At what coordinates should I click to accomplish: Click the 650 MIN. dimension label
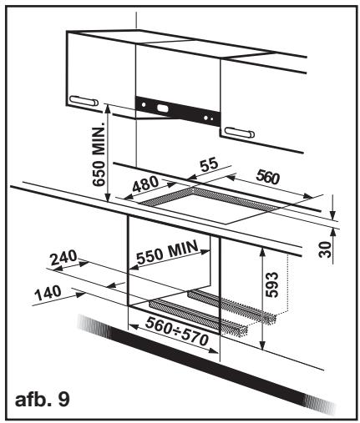[x=99, y=154]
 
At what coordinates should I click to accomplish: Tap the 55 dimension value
[x=210, y=164]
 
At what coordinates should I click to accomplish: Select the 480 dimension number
[x=145, y=184]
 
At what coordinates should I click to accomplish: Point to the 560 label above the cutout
[x=267, y=177]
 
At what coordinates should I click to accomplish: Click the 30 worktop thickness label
[x=325, y=249]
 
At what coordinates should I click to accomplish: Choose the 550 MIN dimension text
[x=168, y=252]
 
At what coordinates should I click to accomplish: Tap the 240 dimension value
[x=63, y=258]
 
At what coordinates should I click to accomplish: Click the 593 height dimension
[x=271, y=285]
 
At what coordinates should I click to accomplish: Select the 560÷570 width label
[x=177, y=331]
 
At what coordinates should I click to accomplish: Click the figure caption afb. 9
[x=43, y=400]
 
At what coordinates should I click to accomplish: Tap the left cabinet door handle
[x=84, y=101]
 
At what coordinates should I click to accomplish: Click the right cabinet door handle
[x=240, y=133]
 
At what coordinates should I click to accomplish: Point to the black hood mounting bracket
[x=178, y=111]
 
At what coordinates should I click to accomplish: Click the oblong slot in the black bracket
[x=163, y=108]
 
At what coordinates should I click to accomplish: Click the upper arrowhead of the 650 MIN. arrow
[x=108, y=109]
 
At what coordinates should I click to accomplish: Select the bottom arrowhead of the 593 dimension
[x=261, y=345]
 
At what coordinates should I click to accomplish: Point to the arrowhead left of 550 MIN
[x=134, y=267]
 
